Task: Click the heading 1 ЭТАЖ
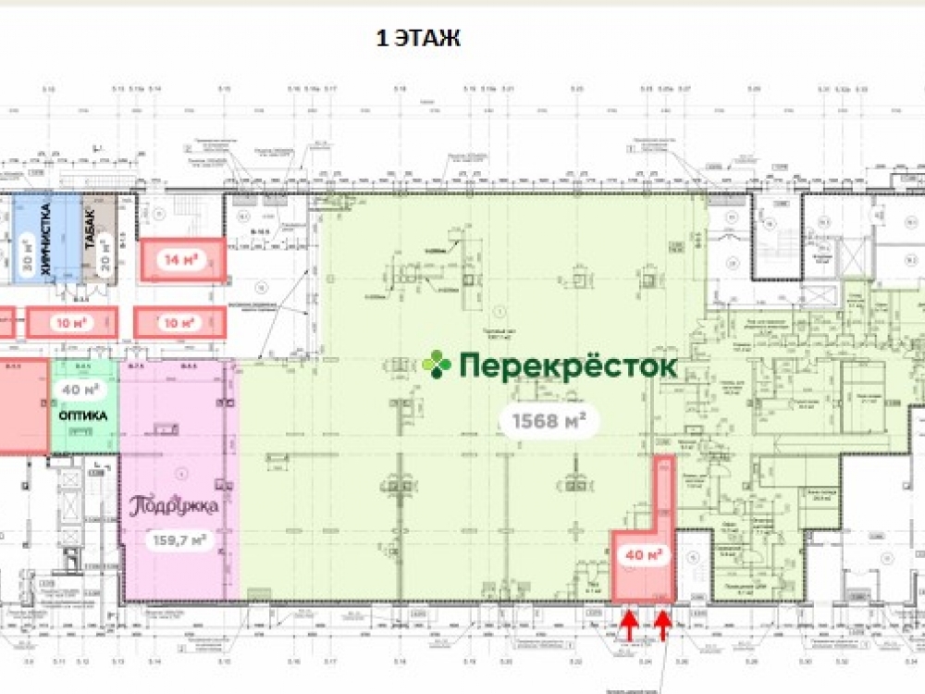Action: [x=418, y=39]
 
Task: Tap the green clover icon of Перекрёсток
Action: [x=437, y=365]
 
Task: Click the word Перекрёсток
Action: [x=568, y=366]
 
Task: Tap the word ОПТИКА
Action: [x=83, y=416]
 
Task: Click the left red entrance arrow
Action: [x=628, y=626]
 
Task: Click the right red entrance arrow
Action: [x=662, y=626]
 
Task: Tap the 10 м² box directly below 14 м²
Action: [x=179, y=323]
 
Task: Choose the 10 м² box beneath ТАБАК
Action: [x=72, y=323]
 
